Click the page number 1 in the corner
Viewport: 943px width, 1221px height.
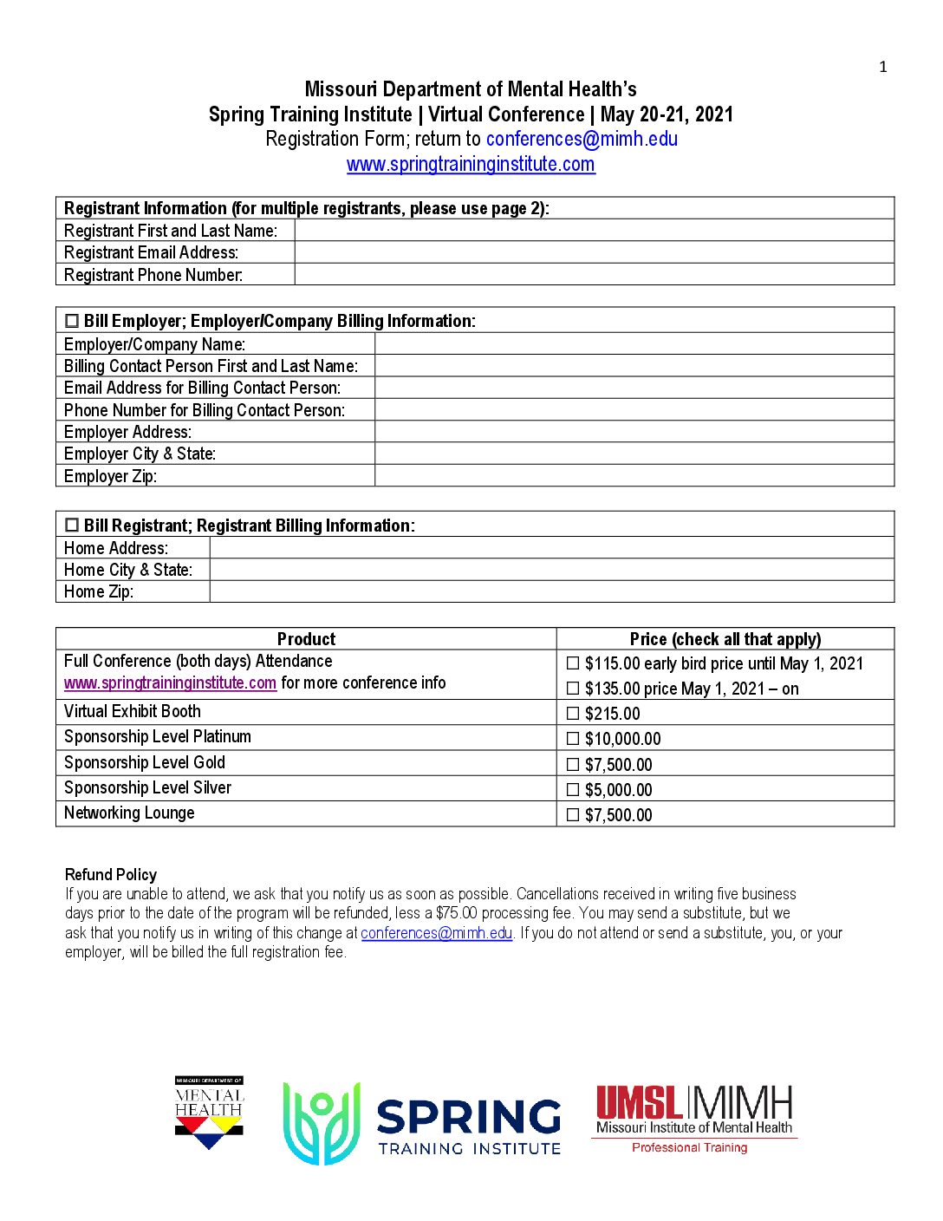point(882,67)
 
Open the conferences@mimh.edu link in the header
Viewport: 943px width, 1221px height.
point(582,139)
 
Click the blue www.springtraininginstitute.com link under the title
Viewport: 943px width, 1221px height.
point(471,164)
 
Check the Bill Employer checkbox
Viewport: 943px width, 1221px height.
point(72,321)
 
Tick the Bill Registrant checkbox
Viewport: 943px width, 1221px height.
point(72,526)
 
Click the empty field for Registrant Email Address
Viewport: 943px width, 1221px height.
point(594,252)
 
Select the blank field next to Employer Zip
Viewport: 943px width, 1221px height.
point(634,476)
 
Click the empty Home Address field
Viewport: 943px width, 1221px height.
point(551,548)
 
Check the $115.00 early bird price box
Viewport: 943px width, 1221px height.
point(573,663)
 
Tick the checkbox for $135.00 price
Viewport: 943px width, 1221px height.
point(573,689)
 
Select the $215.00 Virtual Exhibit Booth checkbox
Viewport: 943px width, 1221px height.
point(573,714)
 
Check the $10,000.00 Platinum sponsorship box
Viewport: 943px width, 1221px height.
point(573,739)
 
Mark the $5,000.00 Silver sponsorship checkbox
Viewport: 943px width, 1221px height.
point(573,790)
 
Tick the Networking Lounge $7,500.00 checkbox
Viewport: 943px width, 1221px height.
point(573,815)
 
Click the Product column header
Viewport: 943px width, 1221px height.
point(306,639)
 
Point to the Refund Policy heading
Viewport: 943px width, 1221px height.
point(111,874)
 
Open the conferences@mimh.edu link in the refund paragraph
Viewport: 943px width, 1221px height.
point(437,933)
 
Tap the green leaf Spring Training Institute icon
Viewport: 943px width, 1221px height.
point(322,1123)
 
